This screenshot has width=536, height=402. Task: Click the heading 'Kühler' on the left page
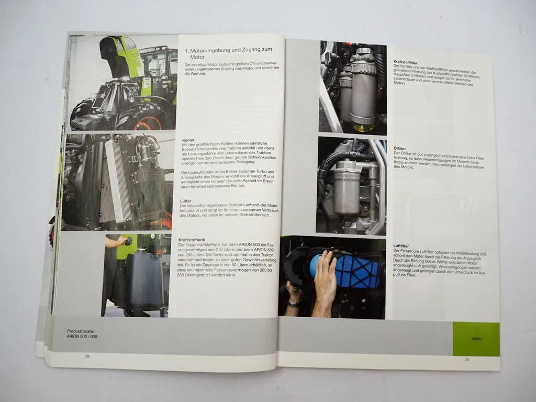coord(187,141)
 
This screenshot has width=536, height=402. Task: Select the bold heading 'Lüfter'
coord(188,200)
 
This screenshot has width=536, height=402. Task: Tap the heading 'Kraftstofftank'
coord(192,240)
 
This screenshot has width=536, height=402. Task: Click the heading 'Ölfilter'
coord(399,149)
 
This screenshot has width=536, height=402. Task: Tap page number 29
coord(466,360)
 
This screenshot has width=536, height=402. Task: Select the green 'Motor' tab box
coord(476,339)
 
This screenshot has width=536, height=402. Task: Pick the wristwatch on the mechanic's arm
coord(293,303)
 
